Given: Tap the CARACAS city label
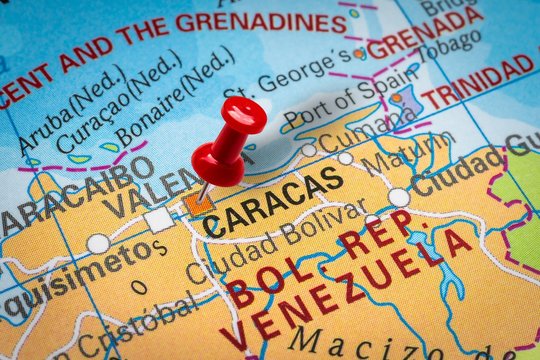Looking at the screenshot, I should tap(273, 201).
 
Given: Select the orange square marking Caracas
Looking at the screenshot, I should tap(199, 203).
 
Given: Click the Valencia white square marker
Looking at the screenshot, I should tap(158, 219).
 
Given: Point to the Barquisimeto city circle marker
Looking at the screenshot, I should tap(98, 243).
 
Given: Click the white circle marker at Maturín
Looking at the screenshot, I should tap(398, 197).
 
